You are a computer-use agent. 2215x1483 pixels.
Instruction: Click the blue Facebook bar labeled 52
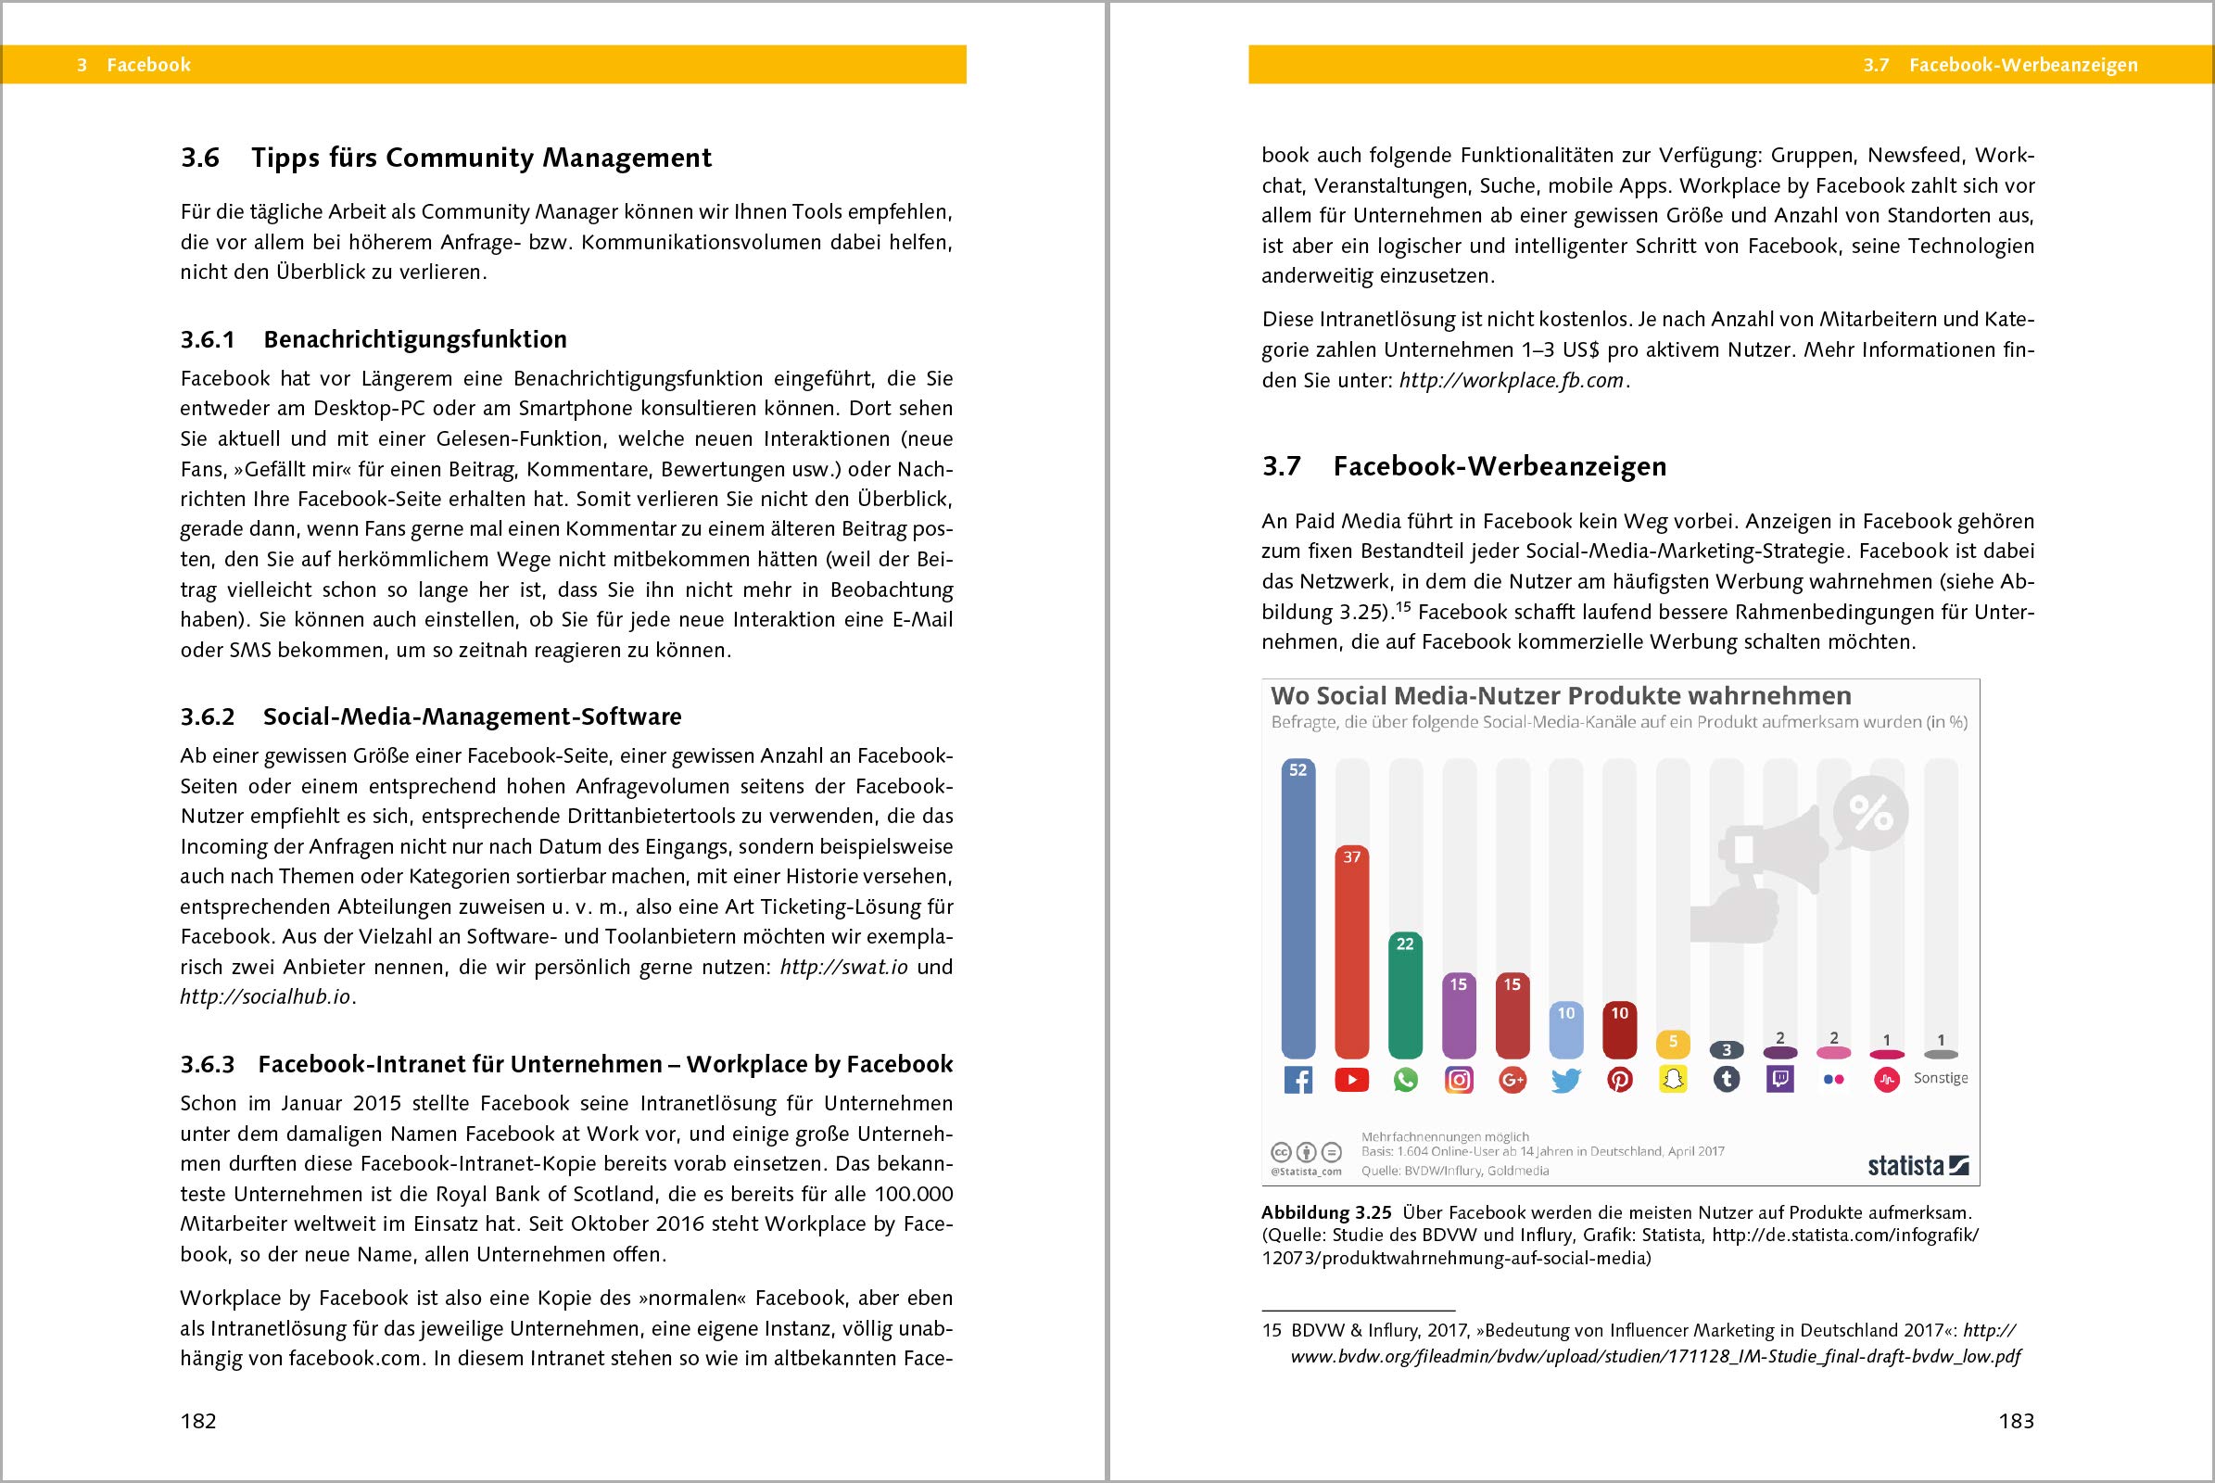pos(1297,908)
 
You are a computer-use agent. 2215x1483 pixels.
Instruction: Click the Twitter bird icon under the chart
pos(1566,1080)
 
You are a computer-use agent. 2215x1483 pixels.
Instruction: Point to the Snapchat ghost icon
pos(1673,1080)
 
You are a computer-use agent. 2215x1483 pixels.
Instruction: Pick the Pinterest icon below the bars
pos(1620,1080)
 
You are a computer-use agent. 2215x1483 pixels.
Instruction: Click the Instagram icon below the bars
pos(1460,1080)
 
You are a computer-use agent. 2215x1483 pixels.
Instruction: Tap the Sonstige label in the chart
pos(1941,1078)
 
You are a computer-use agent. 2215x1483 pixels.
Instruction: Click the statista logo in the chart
pos(1918,1165)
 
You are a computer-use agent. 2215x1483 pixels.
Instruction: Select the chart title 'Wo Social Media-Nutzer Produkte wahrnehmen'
pos(1561,696)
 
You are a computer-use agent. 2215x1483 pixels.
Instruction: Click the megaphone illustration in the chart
pos(1759,870)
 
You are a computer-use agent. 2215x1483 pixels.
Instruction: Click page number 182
pos(198,1421)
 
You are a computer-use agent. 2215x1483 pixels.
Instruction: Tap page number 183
pos(2016,1421)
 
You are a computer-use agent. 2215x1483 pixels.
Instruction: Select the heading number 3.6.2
pos(207,716)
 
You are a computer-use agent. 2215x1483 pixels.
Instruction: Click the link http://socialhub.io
pos(266,997)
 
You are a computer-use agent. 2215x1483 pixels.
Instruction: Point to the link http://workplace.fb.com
pos(1512,380)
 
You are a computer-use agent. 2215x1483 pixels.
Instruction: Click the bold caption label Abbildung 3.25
pos(1326,1212)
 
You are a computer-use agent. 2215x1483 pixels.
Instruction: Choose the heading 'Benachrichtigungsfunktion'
pos(415,339)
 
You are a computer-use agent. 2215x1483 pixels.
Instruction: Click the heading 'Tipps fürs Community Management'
pos(481,158)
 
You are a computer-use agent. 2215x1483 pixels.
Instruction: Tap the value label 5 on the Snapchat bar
pos(1673,1042)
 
